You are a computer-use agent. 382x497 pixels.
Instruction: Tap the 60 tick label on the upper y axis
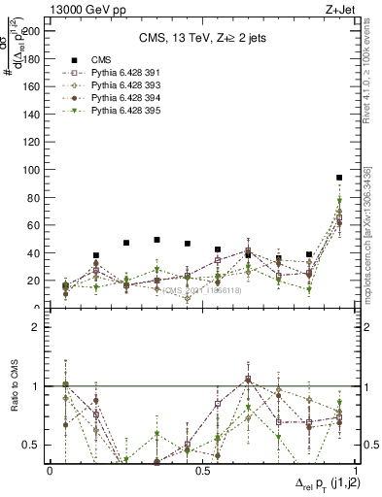pyautogui.click(x=33, y=225)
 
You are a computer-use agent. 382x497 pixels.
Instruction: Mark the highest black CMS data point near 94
pyautogui.click(x=338, y=178)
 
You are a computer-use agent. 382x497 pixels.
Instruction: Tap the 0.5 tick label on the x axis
pyautogui.click(x=202, y=471)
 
